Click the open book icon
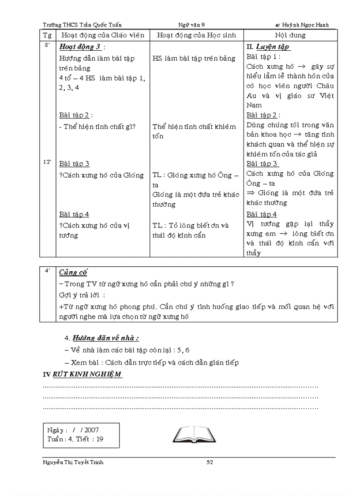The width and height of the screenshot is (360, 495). pos(194,434)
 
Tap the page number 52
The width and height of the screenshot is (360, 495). pos(210,462)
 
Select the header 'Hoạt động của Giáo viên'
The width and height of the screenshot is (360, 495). pos(103,35)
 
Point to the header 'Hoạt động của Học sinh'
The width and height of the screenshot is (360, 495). pos(196,35)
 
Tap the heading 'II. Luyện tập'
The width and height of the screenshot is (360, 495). pos(268,47)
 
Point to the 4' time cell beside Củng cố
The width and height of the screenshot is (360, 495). pos(47,271)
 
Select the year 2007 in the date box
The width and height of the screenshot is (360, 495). pos(92,430)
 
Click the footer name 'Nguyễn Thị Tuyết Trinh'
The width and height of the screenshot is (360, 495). pos(73,462)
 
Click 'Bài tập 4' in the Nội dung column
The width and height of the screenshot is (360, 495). pos(262,214)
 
